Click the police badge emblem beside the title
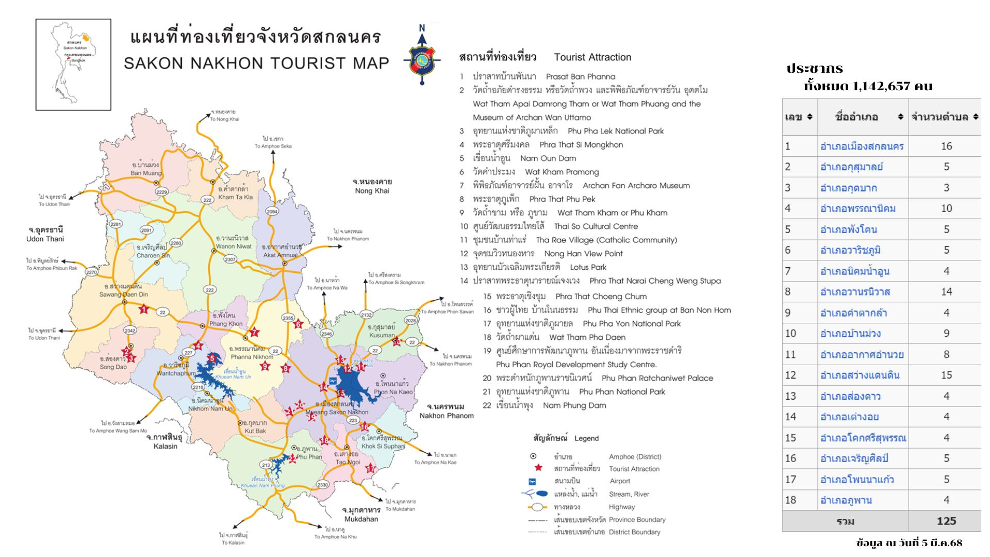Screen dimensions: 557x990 [x=422, y=60]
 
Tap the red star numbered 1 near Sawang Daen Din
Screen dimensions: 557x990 [x=144, y=309]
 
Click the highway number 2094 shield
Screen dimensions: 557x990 [x=272, y=211]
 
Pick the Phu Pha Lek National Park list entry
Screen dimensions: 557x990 [x=615, y=131]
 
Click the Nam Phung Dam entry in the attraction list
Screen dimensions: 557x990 [x=574, y=405]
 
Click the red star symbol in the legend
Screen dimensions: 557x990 [x=538, y=468]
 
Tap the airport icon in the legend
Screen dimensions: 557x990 [x=533, y=481]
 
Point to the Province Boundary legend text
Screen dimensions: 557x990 [x=637, y=519]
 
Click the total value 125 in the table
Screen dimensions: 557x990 [x=946, y=521]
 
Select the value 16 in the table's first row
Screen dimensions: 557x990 [x=946, y=146]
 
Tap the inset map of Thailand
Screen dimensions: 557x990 [x=73, y=64]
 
